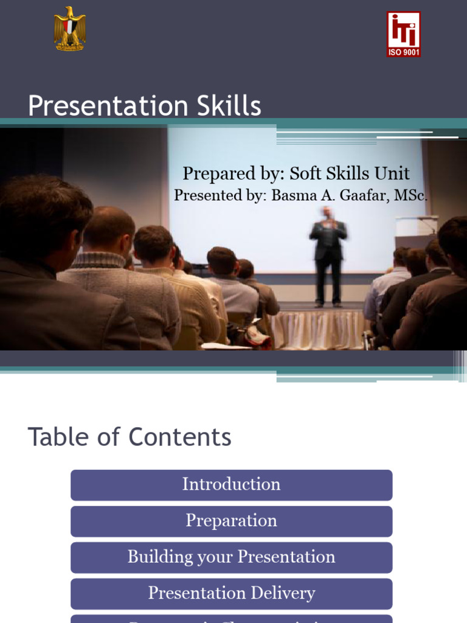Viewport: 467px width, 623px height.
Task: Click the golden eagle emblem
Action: (69, 29)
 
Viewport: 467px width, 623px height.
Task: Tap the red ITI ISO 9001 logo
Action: (404, 34)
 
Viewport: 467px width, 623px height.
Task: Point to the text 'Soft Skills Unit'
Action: (349, 173)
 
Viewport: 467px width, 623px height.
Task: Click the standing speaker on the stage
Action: (328, 256)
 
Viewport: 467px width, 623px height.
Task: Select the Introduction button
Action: (231, 484)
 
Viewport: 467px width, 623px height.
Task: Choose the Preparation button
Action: (231, 521)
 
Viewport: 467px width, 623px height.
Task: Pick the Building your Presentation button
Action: (231, 557)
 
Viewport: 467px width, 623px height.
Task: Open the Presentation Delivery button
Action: (231, 593)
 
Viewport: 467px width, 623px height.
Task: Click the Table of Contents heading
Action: (130, 437)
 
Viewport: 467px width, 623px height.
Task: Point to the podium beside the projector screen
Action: (417, 231)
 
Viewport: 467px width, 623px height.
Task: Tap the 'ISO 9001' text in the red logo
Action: (404, 52)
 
